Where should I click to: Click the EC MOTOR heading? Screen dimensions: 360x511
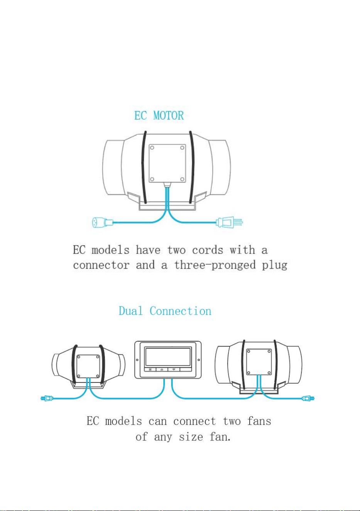click(x=159, y=115)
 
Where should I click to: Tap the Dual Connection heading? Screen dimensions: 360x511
click(x=165, y=311)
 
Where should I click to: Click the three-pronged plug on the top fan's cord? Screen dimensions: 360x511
click(x=229, y=222)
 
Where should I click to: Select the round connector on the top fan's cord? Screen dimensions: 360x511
click(x=102, y=222)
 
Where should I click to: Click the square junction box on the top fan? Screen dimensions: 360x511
click(x=167, y=163)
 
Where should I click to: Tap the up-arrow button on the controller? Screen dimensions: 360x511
click(x=162, y=370)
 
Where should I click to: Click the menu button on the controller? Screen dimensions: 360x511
click(x=150, y=370)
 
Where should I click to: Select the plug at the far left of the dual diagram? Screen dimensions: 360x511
click(x=47, y=398)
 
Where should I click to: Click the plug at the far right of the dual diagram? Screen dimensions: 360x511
click(x=308, y=398)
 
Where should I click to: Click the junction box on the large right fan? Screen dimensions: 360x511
click(x=259, y=362)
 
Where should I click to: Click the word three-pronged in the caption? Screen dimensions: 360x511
click(x=215, y=266)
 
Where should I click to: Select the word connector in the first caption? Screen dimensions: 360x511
click(x=101, y=265)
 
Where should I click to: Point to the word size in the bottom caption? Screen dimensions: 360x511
click(x=191, y=437)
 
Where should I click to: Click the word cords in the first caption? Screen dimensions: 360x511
click(x=207, y=250)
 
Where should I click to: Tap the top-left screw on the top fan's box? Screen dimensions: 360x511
click(x=152, y=147)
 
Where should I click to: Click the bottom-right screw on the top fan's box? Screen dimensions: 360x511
click(x=182, y=179)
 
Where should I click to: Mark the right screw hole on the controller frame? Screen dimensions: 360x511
click(x=199, y=360)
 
